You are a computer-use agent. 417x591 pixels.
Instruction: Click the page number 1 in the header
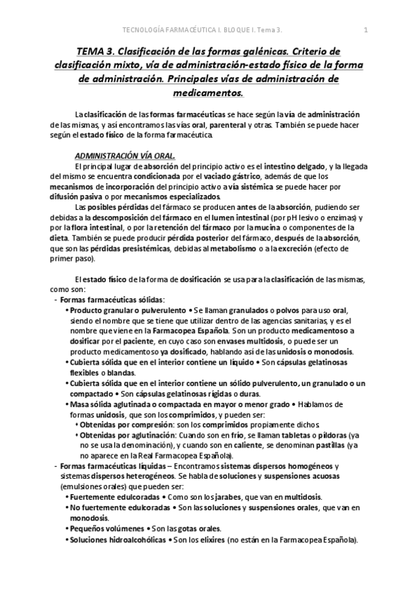click(x=365, y=29)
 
